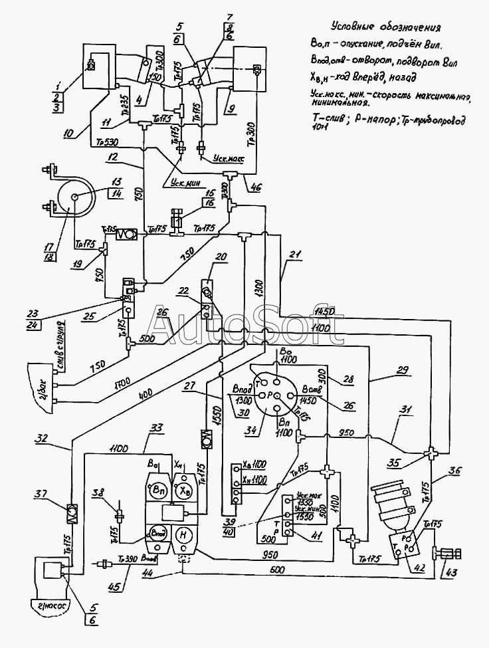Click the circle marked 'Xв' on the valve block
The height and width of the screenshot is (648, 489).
183,490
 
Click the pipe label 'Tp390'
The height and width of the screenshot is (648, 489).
127,561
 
